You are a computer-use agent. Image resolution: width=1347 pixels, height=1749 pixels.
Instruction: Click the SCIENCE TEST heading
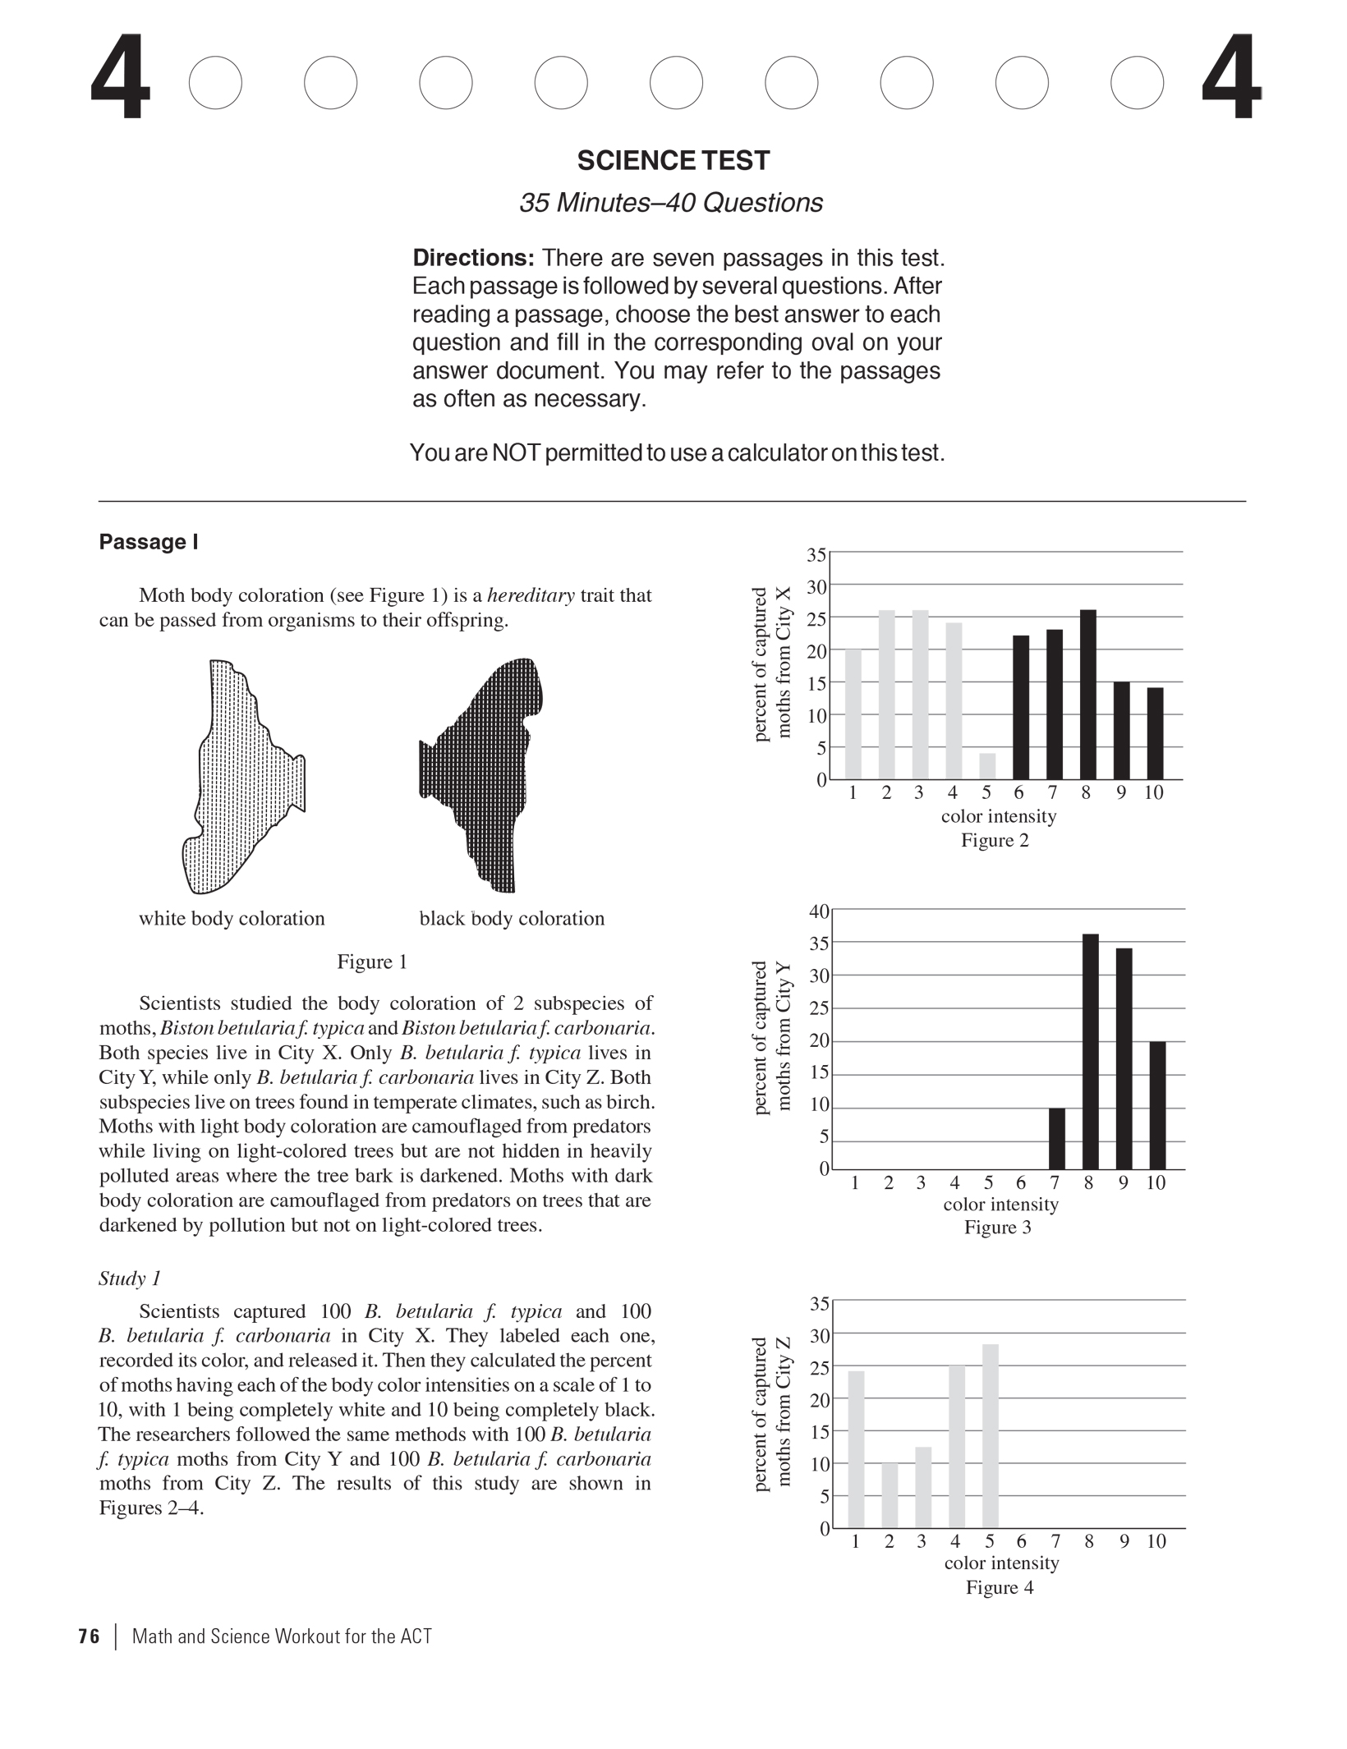(x=673, y=160)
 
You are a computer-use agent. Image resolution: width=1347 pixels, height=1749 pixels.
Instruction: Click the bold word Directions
(x=473, y=258)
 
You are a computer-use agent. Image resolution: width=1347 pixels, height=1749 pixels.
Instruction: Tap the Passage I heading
(x=148, y=542)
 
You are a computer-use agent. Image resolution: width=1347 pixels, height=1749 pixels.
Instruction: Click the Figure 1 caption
(x=372, y=962)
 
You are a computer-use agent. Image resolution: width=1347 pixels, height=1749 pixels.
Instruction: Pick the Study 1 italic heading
(x=130, y=1278)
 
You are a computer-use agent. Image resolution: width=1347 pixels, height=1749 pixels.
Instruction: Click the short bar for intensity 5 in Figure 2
(x=986, y=766)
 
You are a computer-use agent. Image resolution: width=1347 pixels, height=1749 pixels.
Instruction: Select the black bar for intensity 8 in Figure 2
(x=1087, y=694)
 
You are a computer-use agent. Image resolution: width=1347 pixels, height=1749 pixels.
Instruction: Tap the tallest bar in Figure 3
(x=1090, y=1051)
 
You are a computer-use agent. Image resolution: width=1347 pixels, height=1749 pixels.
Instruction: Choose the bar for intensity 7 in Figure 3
(x=1056, y=1138)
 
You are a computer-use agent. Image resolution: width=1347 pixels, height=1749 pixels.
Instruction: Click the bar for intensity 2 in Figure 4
(x=890, y=1495)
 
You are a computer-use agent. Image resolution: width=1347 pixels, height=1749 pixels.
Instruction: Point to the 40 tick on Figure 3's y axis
(x=819, y=911)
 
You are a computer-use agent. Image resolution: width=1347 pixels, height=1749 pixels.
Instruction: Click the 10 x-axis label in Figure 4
(x=1156, y=1542)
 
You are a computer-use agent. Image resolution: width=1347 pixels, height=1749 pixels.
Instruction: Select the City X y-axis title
(x=771, y=663)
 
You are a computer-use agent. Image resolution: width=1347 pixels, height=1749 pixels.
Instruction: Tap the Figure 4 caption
(x=999, y=1587)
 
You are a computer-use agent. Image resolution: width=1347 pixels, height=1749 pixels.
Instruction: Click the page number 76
(x=89, y=1637)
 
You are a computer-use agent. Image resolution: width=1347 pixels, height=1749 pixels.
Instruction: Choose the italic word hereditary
(x=531, y=595)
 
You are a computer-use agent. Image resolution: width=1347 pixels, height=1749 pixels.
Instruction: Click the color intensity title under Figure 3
(x=1000, y=1205)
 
